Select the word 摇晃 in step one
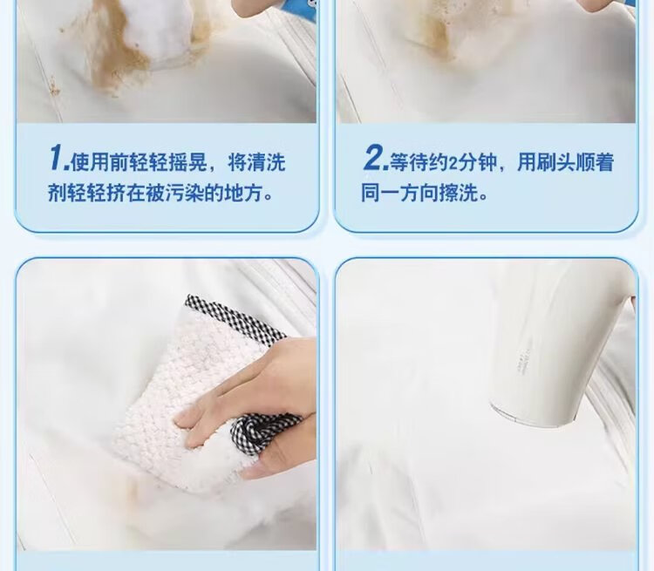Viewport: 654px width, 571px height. click(187, 162)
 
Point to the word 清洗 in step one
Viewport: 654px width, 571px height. click(267, 162)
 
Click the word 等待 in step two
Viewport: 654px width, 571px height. click(408, 162)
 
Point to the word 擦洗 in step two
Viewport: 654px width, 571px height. click(458, 193)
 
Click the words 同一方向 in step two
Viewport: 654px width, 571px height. click(399, 193)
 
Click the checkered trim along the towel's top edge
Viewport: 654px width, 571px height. click(235, 317)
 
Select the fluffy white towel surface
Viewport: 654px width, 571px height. click(183, 400)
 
